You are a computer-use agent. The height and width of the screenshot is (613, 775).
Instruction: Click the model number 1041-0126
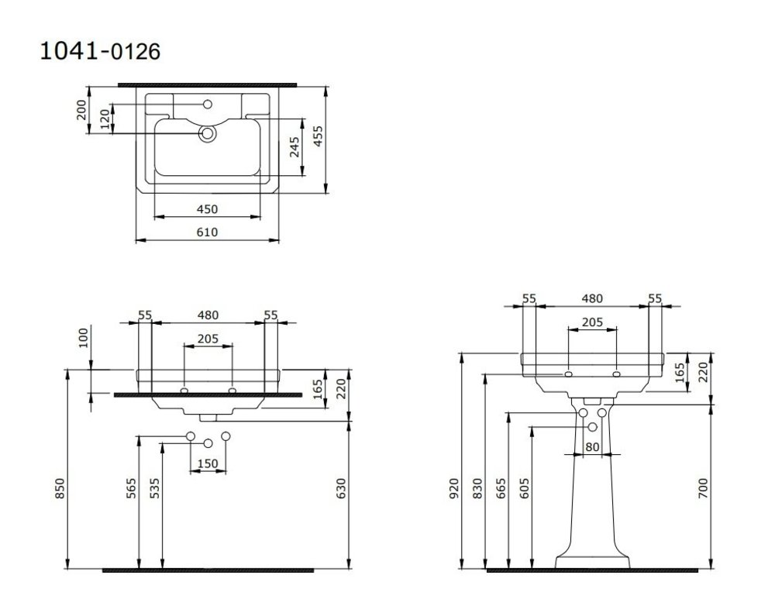[100, 51]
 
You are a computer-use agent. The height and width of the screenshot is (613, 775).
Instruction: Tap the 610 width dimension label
[207, 232]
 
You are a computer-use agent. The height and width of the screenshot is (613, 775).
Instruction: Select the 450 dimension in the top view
[207, 209]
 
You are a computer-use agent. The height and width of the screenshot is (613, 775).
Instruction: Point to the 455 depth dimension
[319, 136]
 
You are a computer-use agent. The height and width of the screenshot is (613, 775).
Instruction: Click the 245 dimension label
[294, 146]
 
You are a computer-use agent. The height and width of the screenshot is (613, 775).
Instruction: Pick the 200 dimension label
[81, 110]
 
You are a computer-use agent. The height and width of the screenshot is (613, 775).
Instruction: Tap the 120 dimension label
[105, 119]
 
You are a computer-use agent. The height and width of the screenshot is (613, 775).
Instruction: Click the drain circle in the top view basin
[208, 133]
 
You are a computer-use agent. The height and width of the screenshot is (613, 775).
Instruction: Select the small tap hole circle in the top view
[208, 105]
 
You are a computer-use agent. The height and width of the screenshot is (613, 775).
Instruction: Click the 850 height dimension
[60, 488]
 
